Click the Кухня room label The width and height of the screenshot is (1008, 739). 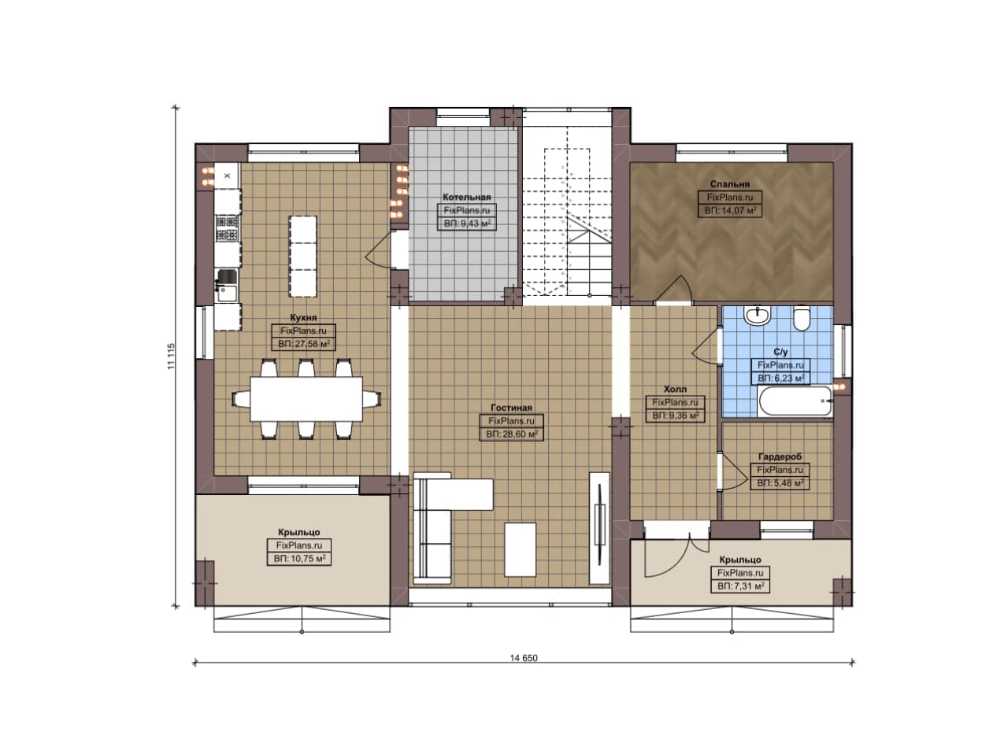[303, 317]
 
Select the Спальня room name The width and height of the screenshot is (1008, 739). [730, 184]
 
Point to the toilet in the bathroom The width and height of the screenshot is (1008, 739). [801, 319]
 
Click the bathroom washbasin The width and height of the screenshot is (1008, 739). [758, 316]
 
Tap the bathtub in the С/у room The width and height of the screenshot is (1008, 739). [795, 401]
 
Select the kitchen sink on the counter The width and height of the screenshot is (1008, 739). [227, 286]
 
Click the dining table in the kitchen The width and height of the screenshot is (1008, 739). [306, 398]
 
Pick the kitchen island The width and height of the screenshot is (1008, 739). [303, 256]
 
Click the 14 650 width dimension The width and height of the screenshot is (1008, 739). [524, 658]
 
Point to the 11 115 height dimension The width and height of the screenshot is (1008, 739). [171, 357]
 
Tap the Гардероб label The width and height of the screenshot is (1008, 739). [780, 457]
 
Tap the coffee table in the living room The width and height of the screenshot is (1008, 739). [521, 549]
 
